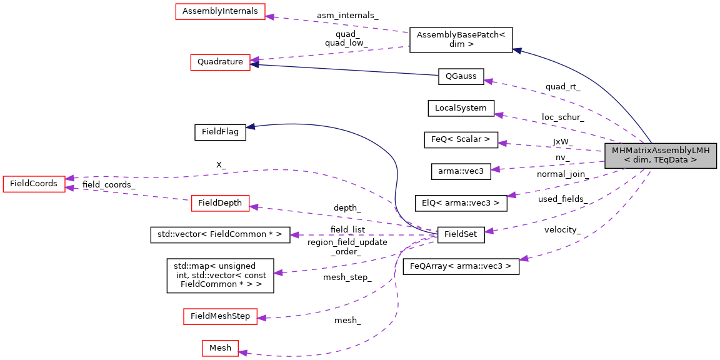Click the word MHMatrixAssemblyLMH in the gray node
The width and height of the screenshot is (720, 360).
coord(660,151)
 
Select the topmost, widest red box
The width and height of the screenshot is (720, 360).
coord(220,11)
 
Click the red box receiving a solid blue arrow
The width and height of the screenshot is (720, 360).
coord(220,62)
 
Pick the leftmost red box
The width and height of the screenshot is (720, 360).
coord(34,184)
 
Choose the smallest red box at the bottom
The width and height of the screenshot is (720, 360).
coord(220,348)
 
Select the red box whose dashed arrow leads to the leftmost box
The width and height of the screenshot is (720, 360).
coord(220,203)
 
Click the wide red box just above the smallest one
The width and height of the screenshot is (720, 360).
coord(220,316)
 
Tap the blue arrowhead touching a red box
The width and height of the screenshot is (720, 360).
coord(254,64)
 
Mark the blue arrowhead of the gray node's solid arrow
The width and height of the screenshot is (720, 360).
coord(516,51)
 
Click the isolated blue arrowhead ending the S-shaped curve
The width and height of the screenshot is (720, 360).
coord(249,127)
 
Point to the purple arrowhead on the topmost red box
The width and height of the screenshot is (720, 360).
coord(269,16)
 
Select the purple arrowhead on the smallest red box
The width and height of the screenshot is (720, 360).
coord(242,352)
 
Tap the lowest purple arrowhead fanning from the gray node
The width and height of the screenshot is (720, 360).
coord(523,259)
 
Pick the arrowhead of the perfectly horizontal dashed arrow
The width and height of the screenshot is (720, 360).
coord(294,235)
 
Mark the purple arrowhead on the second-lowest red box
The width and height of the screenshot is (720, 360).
coord(261,318)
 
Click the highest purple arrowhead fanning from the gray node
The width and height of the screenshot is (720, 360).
coord(487,81)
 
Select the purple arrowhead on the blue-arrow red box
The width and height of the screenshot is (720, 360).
coord(254,59)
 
